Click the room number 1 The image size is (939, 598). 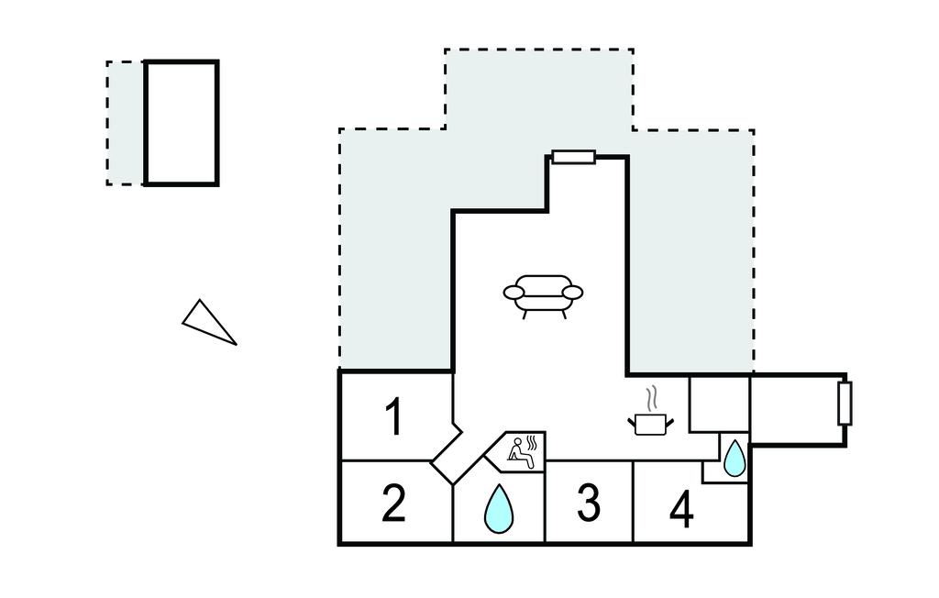[x=394, y=417]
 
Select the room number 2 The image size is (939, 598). [x=393, y=504]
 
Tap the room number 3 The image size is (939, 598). [x=589, y=503]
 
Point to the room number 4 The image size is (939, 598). [x=681, y=510]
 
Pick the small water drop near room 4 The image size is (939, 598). [x=735, y=459]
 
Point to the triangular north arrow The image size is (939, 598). [x=207, y=322]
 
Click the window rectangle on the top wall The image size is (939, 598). [x=574, y=157]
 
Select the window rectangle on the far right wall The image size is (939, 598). [x=845, y=404]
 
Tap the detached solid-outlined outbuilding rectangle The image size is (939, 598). [x=182, y=123]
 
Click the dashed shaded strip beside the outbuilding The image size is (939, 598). [x=126, y=123]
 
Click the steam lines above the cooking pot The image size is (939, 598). [x=651, y=399]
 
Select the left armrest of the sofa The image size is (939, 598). [x=514, y=293]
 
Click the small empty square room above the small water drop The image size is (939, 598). [x=718, y=403]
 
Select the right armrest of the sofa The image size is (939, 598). [x=572, y=293]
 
